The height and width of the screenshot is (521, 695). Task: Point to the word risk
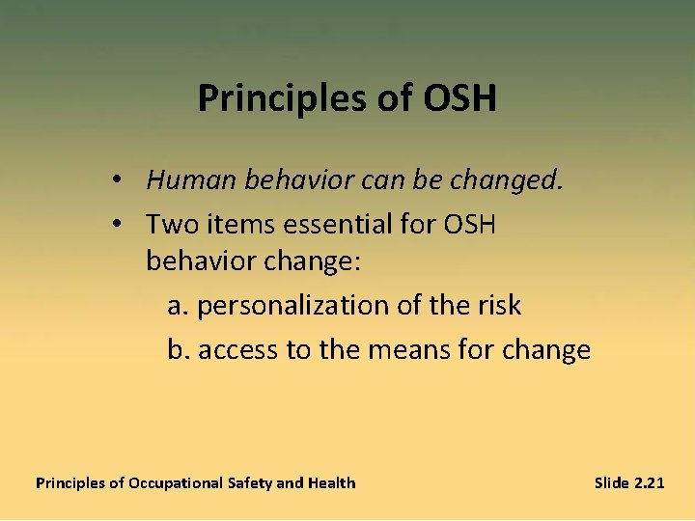pos(499,306)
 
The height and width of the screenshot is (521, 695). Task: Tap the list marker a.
pos(177,306)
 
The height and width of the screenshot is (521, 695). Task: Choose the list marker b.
pos(178,348)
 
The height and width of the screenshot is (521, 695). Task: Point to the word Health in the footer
pos(331,482)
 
